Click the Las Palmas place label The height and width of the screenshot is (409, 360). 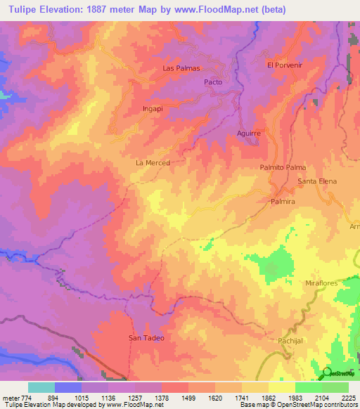[181, 68]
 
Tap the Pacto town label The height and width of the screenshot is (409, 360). [213, 82]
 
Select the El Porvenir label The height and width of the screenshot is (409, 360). [284, 65]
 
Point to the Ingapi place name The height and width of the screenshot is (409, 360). [153, 110]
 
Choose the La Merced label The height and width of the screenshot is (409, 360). [153, 162]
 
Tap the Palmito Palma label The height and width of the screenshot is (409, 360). [283, 168]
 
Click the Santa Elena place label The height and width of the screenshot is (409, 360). [317, 181]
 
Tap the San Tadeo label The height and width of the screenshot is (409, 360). [146, 338]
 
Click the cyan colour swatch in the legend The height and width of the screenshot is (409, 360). [41, 387]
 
